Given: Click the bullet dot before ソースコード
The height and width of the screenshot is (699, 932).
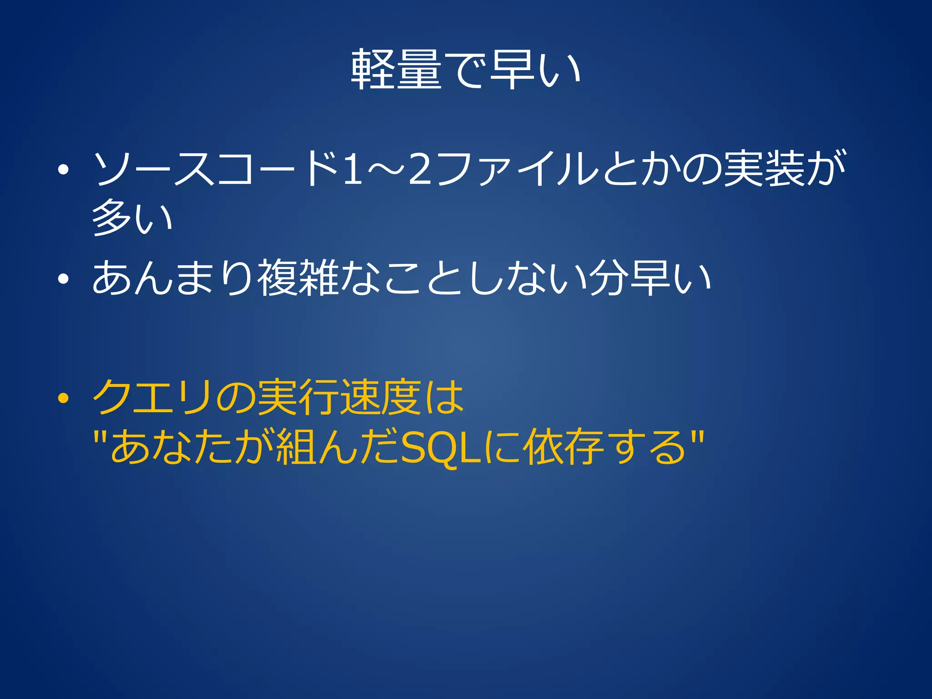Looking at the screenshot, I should click(x=63, y=170).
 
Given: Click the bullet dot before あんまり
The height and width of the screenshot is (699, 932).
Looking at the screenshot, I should click(x=63, y=279).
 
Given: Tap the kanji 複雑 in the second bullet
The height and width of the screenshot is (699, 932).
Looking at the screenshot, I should click(x=298, y=278).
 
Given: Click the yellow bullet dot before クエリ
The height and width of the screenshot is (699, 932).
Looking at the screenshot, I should click(x=63, y=399).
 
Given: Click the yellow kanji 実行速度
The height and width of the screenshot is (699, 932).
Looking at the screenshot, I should click(x=339, y=397).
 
